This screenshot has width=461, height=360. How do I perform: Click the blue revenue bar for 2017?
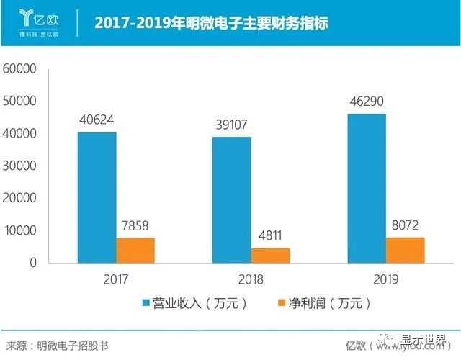pyautogui.click(x=97, y=197)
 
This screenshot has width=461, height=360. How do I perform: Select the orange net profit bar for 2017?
pyautogui.click(x=135, y=250)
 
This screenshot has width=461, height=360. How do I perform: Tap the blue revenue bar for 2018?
pyautogui.click(x=231, y=199)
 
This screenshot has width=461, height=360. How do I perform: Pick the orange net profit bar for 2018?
pyautogui.click(x=270, y=255)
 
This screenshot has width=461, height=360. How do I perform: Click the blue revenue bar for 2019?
pyautogui.click(x=367, y=188)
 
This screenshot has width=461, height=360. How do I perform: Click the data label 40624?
pyautogui.click(x=97, y=120)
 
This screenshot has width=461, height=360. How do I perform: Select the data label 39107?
pyautogui.click(x=232, y=125)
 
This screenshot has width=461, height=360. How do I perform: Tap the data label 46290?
pyautogui.click(x=367, y=102)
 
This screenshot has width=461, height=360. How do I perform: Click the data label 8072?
pyautogui.click(x=406, y=224)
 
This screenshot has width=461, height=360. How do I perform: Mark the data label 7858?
pyautogui.click(x=135, y=225)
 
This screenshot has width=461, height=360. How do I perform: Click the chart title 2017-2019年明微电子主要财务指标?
pyautogui.click(x=211, y=23)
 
